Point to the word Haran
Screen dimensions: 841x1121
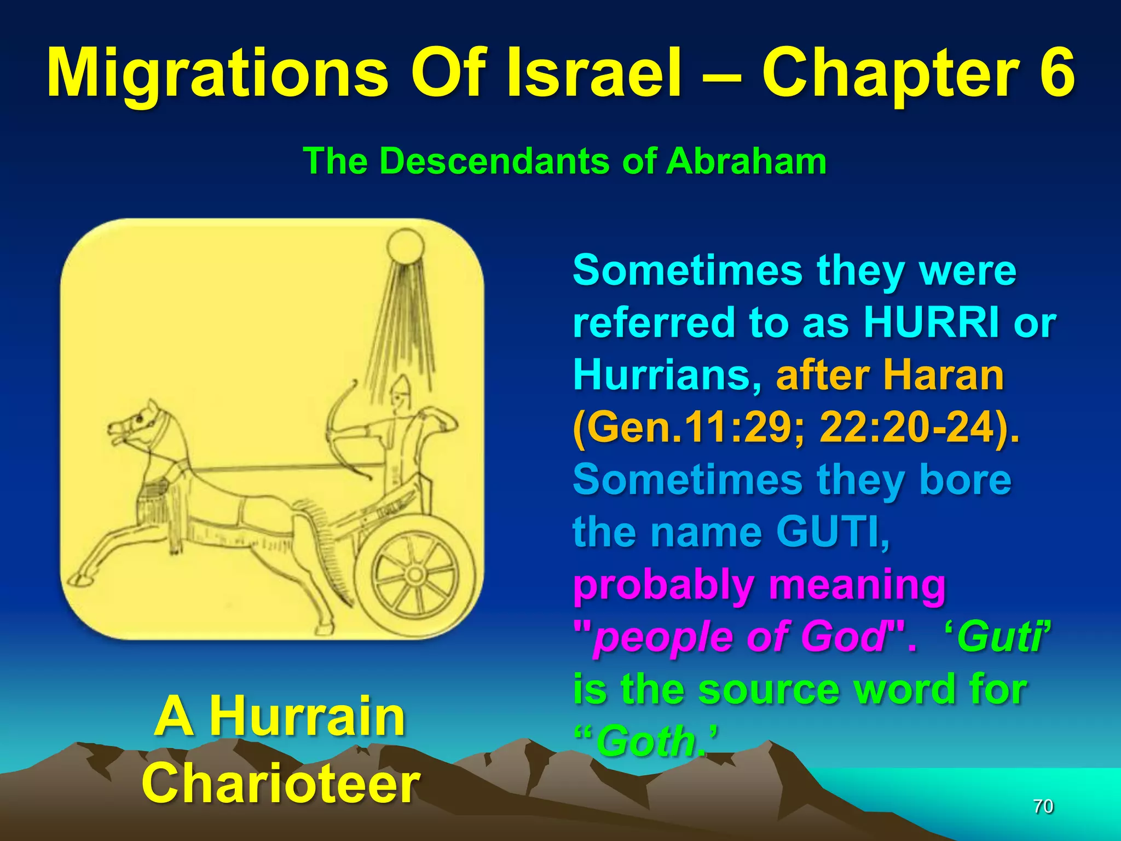[x=944, y=375]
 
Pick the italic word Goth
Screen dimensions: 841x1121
[x=646, y=741]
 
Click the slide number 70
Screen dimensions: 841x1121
[x=1043, y=806]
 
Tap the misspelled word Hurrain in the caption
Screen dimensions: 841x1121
[x=308, y=716]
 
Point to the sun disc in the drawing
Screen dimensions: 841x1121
[x=405, y=246]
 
